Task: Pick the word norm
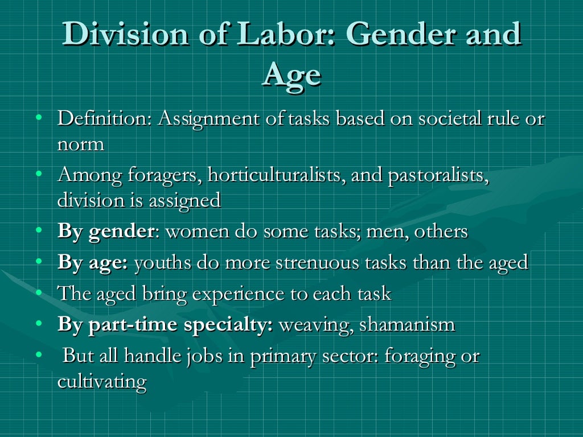click(80, 145)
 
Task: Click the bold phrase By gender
click(105, 232)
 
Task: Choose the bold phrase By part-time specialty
click(165, 325)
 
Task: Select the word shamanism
click(407, 325)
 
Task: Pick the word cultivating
click(102, 381)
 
